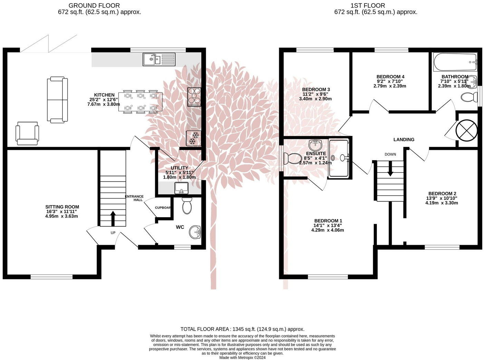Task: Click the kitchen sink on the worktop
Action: coord(159,59)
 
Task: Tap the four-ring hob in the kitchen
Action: coord(194,97)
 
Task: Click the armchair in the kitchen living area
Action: coord(27,133)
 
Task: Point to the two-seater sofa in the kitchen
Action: coord(57,100)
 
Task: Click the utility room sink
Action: coord(181,188)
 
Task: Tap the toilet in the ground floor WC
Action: coord(187,206)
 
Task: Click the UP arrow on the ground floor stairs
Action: coord(113,218)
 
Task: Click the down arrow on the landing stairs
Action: coord(390,170)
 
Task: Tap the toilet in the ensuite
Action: coord(292,159)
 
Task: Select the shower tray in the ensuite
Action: coord(339,158)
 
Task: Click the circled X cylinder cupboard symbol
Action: coord(466,130)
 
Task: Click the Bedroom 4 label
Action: coord(390,77)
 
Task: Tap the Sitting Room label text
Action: coord(62,207)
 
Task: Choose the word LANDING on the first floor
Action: coord(404,140)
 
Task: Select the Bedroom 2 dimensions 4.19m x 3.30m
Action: coord(442,203)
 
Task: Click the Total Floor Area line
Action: coord(242,329)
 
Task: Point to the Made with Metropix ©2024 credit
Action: coord(242,358)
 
